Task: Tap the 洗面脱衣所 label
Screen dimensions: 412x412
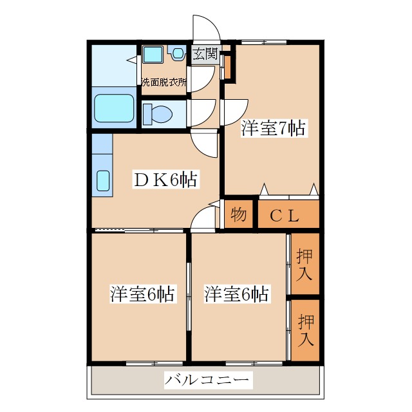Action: pyautogui.click(x=164, y=82)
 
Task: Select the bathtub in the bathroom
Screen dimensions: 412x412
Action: pyautogui.click(x=114, y=108)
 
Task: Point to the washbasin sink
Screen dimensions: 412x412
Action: pyautogui.click(x=153, y=55)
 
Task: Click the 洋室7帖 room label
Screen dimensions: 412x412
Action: pyautogui.click(x=273, y=127)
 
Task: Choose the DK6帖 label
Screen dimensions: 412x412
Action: pyautogui.click(x=165, y=178)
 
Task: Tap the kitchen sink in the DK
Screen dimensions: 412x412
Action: pyautogui.click(x=103, y=181)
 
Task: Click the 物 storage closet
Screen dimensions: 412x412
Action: pyautogui.click(x=238, y=215)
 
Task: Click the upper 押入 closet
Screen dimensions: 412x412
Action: pyautogui.click(x=304, y=265)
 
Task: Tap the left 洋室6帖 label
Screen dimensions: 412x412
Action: pyautogui.click(x=142, y=295)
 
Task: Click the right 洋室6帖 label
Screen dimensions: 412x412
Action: pyautogui.click(x=237, y=295)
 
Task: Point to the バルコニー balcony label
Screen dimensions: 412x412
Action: pyautogui.click(x=206, y=380)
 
